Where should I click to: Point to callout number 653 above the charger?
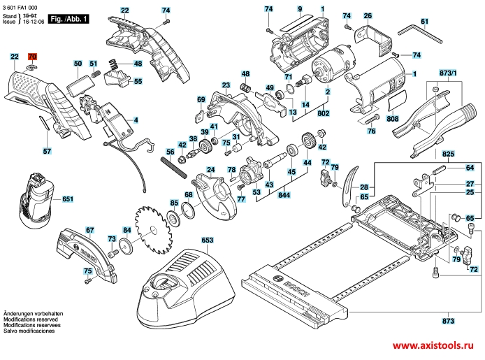[208, 240]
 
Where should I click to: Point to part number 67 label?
[89, 229]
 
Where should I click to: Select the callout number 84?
[126, 229]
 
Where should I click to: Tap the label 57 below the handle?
[47, 150]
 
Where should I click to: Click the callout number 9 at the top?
[300, 8]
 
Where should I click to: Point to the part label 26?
[368, 15]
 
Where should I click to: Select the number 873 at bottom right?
[448, 321]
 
